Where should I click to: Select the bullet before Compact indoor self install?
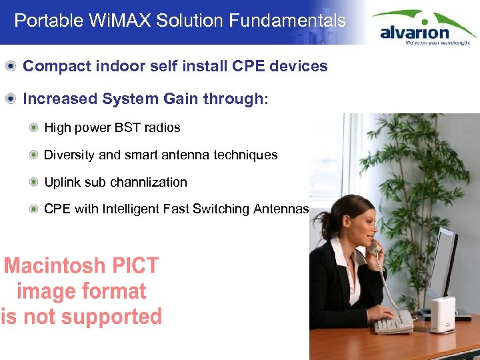click(11, 66)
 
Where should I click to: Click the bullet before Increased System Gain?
click(11, 99)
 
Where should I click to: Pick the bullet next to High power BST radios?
click(33, 127)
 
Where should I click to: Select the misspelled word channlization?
click(149, 182)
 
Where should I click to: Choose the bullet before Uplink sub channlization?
click(33, 182)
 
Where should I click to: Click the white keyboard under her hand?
click(393, 323)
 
